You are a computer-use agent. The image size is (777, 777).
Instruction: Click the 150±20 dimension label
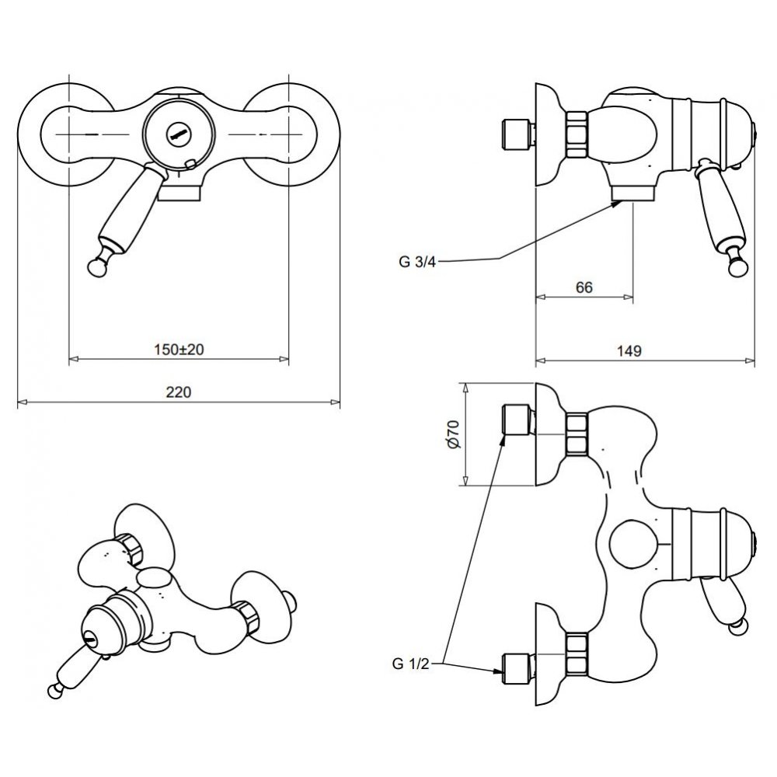(x=179, y=350)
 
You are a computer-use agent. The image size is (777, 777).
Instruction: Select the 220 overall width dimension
(x=179, y=392)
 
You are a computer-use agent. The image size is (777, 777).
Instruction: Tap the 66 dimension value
(x=584, y=287)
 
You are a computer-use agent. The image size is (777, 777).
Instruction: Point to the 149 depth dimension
(x=629, y=351)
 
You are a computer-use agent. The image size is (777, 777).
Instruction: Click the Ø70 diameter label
(x=453, y=434)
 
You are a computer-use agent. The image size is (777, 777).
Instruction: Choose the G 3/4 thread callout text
(x=417, y=262)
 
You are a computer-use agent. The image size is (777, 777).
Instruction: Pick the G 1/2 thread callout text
(x=410, y=664)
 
